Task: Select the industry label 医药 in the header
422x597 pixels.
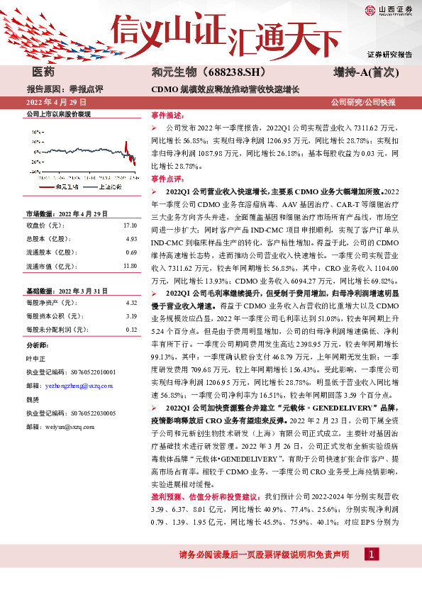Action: pyautogui.click(x=44, y=73)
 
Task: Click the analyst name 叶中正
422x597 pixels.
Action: pyautogui.click(x=36, y=358)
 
